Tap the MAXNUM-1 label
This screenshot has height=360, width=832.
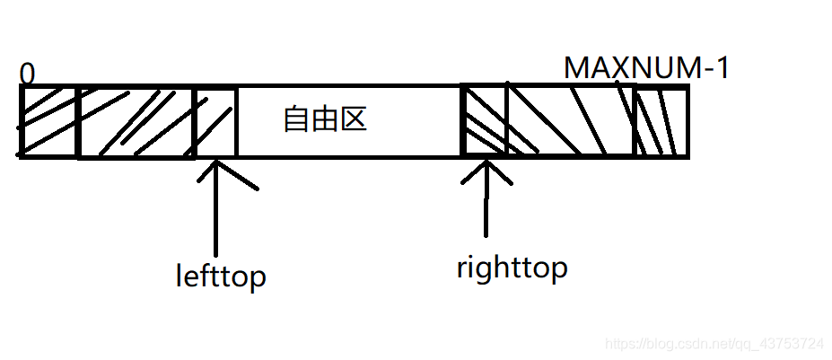coord(645,67)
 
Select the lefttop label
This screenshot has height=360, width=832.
coord(221,275)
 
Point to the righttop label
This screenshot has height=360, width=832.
coord(512,268)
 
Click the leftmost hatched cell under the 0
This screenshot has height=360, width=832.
coord(48,122)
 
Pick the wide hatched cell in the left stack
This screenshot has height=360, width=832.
coord(136,122)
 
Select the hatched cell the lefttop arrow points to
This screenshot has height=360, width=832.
coord(215,122)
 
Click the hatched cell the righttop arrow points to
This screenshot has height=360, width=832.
coord(484,122)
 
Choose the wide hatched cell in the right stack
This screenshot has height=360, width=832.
coord(571,122)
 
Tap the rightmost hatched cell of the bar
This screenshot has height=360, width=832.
coord(661,122)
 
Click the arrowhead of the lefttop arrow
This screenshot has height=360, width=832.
coord(216,167)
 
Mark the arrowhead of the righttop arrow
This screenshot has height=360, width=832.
coord(486,167)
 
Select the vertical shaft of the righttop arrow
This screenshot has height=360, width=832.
coord(486,206)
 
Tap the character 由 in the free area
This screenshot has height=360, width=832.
coord(325,119)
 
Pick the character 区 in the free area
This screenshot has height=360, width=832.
coord(354,119)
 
